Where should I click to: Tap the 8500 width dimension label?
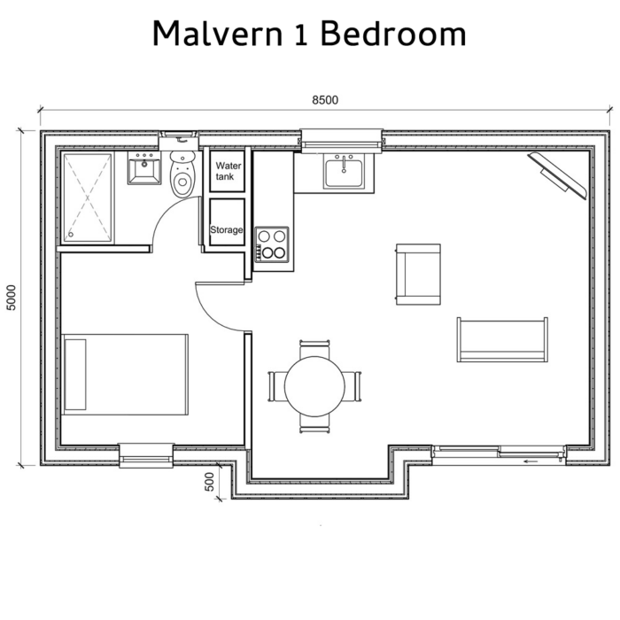324,100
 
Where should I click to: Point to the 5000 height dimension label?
12,298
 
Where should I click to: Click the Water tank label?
228,171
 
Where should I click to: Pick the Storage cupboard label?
227,230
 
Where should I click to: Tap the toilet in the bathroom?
182,177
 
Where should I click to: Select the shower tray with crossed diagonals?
88,197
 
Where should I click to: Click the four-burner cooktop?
272,244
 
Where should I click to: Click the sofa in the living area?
502,339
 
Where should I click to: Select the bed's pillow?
76,373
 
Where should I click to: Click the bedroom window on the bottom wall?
146,454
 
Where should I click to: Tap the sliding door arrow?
531,461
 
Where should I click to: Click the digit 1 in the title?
303,35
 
